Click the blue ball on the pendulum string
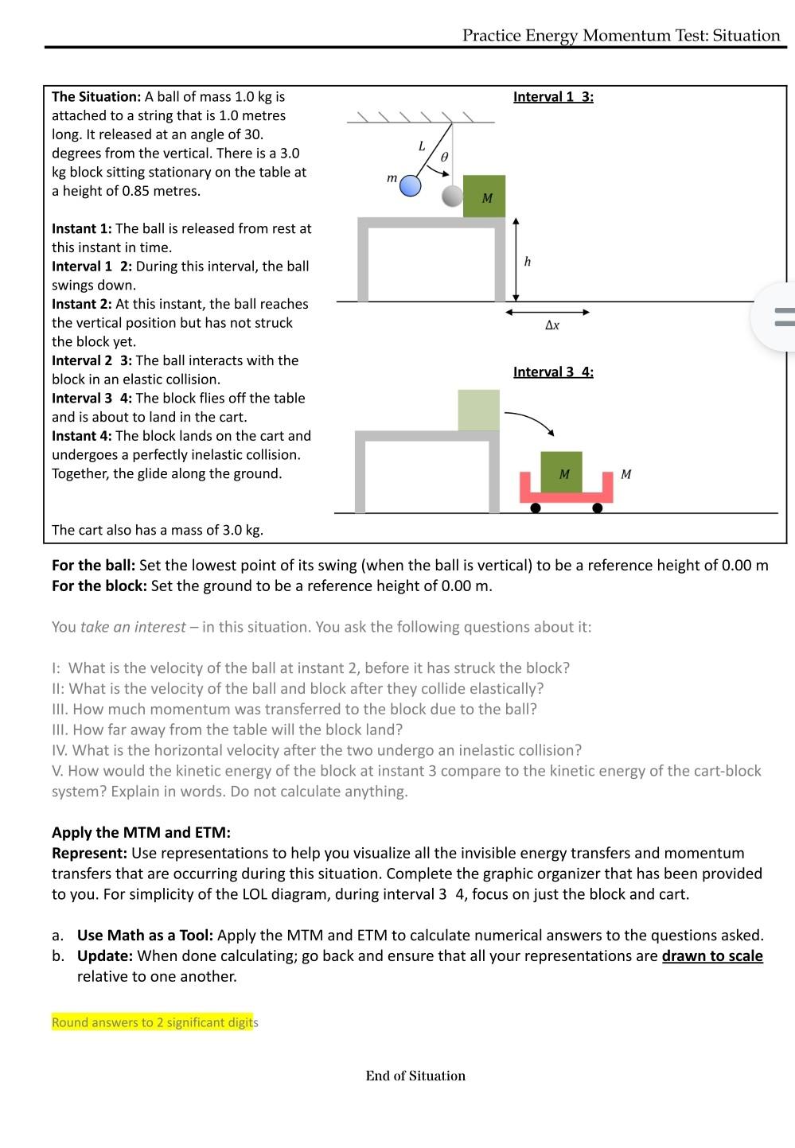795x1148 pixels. [x=410, y=186]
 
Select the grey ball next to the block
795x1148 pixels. [x=452, y=196]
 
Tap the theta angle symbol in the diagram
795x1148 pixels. [x=444, y=158]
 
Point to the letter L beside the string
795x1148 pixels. [x=422, y=146]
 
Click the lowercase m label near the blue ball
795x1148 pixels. [x=392, y=178]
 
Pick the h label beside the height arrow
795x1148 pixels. [x=527, y=262]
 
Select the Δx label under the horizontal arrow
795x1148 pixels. [x=552, y=325]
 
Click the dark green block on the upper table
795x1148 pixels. [x=484, y=197]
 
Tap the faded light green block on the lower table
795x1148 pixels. [x=478, y=410]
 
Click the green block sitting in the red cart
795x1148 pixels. [x=561, y=473]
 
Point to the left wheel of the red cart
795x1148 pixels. [x=536, y=508]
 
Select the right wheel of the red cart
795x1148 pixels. [x=598, y=508]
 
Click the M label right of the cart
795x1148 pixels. [x=626, y=474]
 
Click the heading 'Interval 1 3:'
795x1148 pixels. [x=553, y=97]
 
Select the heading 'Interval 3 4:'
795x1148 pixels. [x=553, y=372]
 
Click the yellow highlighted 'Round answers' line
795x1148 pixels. [x=153, y=1022]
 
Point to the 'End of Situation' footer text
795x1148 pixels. [x=415, y=1076]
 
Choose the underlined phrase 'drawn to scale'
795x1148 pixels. [x=712, y=955]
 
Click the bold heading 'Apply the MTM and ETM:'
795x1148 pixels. [x=141, y=832]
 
